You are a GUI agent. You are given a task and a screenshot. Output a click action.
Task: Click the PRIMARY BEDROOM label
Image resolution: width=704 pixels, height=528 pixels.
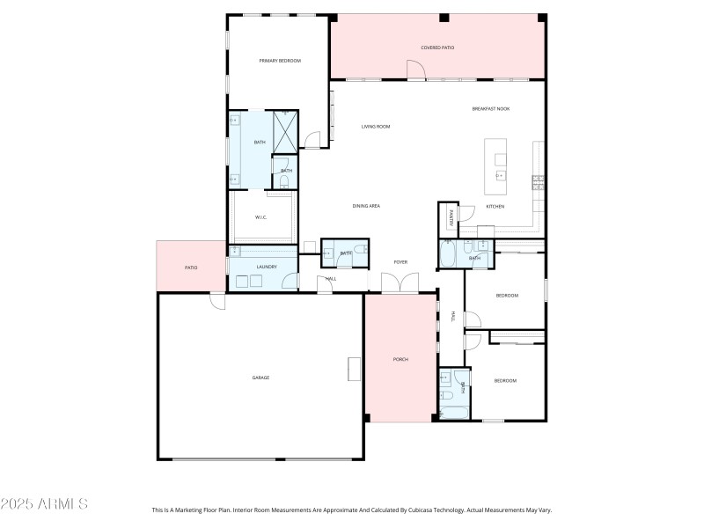tap(280, 61)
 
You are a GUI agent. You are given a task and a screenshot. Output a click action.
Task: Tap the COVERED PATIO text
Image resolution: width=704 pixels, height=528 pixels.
tap(437, 48)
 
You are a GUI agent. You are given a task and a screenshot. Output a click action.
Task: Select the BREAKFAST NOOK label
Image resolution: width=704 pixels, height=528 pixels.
tap(490, 108)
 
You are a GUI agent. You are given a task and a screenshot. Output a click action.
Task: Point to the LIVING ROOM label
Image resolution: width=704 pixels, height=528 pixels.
tap(376, 127)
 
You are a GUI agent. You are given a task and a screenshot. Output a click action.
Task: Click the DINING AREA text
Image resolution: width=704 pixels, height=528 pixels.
tap(366, 206)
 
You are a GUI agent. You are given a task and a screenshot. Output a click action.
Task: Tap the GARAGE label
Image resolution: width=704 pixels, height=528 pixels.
tap(260, 378)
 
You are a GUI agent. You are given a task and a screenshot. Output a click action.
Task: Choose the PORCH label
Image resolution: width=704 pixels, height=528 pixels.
tap(400, 359)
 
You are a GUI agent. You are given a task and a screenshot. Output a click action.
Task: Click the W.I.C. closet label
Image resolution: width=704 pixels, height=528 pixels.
tap(261, 217)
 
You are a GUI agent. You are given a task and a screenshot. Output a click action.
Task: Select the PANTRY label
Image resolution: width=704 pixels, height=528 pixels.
tap(451, 218)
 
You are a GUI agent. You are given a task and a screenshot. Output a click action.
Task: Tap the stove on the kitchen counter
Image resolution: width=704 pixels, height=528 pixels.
tap(537, 182)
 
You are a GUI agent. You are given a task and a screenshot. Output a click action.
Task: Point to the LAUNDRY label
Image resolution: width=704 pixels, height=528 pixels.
tap(267, 267)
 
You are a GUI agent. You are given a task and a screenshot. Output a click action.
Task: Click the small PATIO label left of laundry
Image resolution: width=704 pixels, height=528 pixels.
tap(191, 268)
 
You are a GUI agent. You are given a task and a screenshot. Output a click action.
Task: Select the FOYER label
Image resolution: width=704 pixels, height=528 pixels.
tap(400, 262)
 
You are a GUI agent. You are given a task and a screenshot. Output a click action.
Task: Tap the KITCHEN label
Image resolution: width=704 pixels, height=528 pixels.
tap(495, 206)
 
